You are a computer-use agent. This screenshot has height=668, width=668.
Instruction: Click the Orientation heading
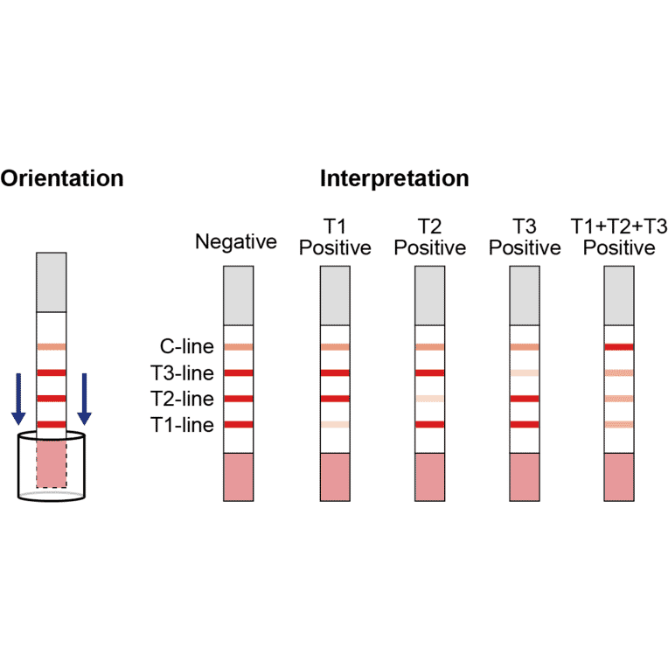(61, 179)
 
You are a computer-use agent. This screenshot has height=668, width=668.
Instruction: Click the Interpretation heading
(394, 179)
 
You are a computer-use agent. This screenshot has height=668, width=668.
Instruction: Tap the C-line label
(186, 347)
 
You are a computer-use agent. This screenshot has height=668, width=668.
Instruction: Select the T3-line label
(183, 373)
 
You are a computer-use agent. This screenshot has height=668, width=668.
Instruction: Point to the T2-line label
(183, 399)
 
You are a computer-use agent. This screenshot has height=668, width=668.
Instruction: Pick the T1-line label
(183, 425)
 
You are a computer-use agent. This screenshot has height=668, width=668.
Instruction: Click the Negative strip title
(236, 241)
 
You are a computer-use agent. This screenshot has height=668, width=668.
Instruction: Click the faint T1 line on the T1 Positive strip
(335, 425)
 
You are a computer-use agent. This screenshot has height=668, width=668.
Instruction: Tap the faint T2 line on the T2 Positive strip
(429, 399)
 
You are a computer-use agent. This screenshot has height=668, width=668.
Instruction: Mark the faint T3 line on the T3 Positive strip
(525, 373)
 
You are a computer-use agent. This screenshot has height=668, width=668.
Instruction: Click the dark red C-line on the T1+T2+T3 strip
(619, 347)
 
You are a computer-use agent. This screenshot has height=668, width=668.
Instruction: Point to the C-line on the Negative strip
(239, 347)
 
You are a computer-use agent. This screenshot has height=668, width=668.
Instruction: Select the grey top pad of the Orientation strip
(52, 282)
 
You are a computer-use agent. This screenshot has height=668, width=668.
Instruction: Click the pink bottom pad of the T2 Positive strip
(429, 477)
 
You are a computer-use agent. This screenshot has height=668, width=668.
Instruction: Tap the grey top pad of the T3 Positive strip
(525, 296)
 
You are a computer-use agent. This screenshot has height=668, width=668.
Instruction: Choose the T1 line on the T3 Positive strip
(525, 425)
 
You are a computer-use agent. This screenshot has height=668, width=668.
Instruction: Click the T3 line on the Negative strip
(239, 373)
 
